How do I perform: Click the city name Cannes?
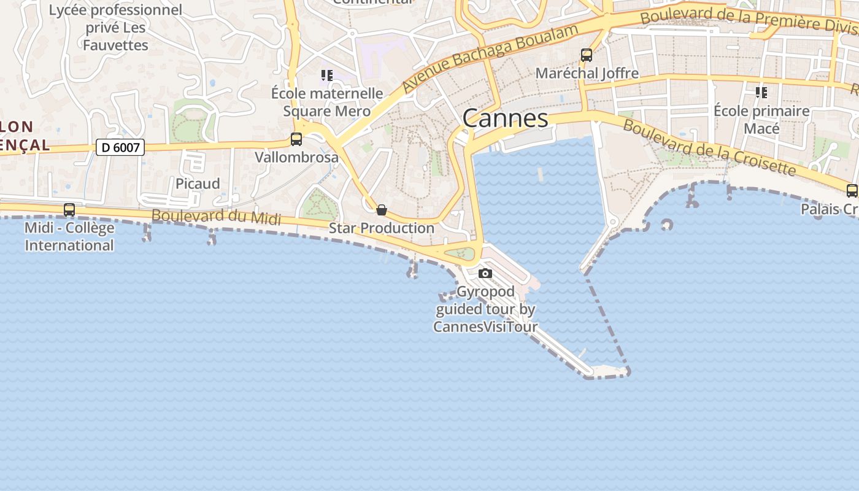(x=505, y=118)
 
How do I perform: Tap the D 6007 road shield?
(x=120, y=147)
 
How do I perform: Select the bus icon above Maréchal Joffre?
(x=587, y=55)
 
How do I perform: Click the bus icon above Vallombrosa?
(x=296, y=139)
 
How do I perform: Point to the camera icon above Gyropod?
(x=485, y=273)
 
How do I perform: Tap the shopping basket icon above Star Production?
(x=382, y=211)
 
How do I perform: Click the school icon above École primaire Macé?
(x=761, y=93)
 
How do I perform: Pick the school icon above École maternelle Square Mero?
(x=327, y=75)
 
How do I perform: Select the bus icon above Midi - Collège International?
(x=69, y=210)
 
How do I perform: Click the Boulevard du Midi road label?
(x=216, y=217)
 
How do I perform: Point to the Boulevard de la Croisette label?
(x=709, y=146)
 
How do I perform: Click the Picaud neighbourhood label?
(x=198, y=184)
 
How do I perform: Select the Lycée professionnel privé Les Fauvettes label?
(x=115, y=28)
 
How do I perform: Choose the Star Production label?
(x=382, y=228)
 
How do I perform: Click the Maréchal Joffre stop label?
(x=587, y=74)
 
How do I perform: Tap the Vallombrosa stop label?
(x=296, y=157)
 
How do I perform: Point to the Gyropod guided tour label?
(x=485, y=309)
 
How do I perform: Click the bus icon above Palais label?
(x=852, y=191)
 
